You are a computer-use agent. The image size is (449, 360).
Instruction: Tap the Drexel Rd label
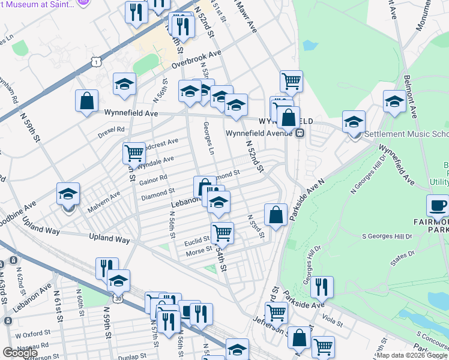[112, 129]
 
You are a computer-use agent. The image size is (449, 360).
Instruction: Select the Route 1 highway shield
[95, 61]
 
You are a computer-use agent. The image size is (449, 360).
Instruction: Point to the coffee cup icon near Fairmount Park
[438, 206]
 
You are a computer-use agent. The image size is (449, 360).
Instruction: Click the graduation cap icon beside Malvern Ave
[68, 194]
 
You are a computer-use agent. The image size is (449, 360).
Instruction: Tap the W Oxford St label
[31, 334]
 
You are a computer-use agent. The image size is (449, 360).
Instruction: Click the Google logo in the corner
[20, 353]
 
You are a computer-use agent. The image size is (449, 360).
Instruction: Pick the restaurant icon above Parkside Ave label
[322, 288]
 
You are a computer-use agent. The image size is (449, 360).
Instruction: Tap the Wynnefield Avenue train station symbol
[299, 133]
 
